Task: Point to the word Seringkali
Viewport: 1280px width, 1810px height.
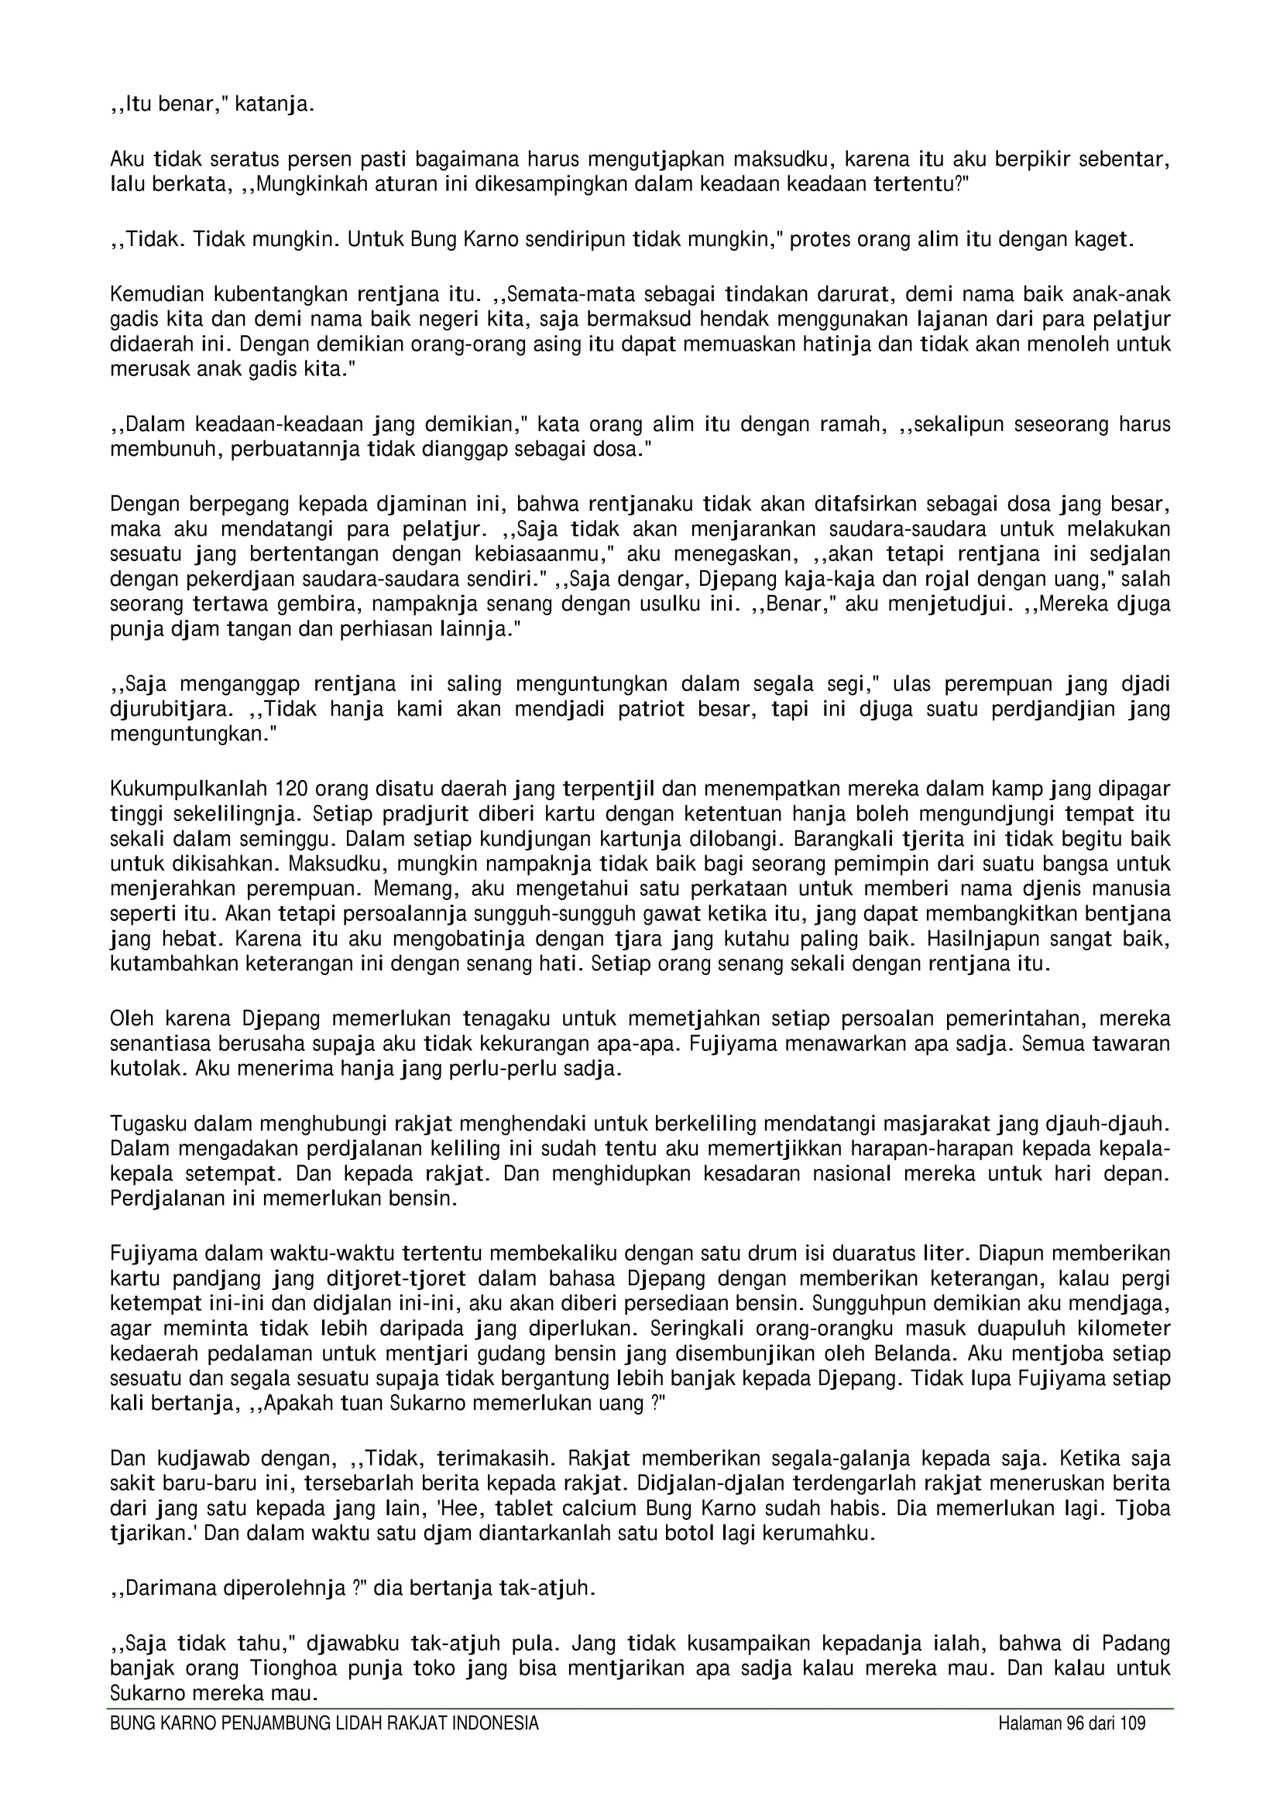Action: [x=689, y=1328]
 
